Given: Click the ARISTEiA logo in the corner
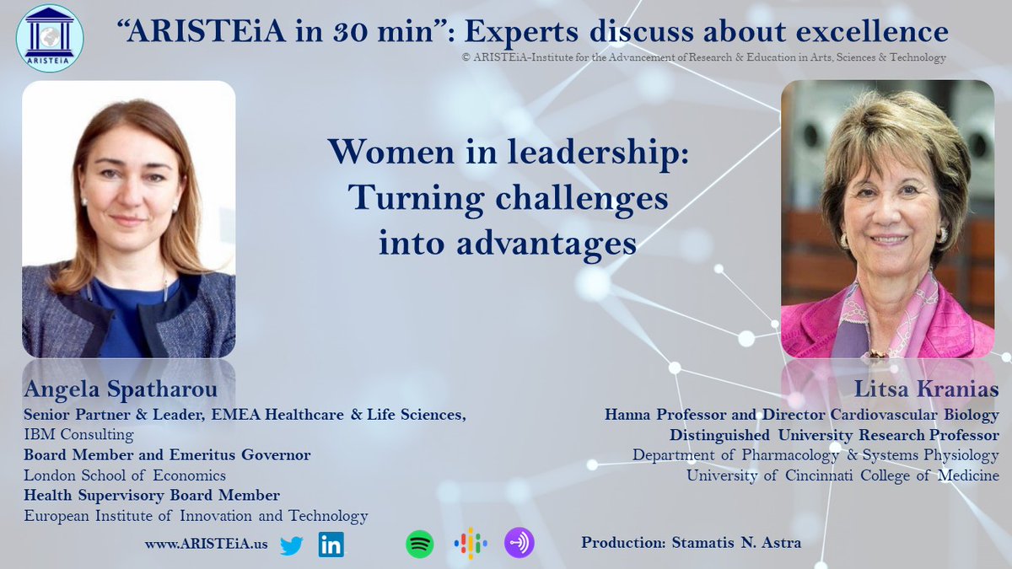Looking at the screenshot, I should (49, 37).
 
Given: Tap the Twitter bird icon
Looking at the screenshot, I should (291, 545).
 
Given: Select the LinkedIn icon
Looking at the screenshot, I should (331, 545).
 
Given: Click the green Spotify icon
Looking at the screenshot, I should (419, 544).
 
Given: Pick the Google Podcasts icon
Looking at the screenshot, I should (470, 544).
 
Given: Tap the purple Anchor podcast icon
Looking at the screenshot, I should (519, 544).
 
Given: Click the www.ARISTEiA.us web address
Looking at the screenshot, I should (206, 545).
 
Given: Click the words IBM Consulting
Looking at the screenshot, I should (78, 435).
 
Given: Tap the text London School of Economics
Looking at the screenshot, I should (125, 475).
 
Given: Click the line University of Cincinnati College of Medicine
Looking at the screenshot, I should (842, 475).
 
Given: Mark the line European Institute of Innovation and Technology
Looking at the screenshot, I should (196, 516).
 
